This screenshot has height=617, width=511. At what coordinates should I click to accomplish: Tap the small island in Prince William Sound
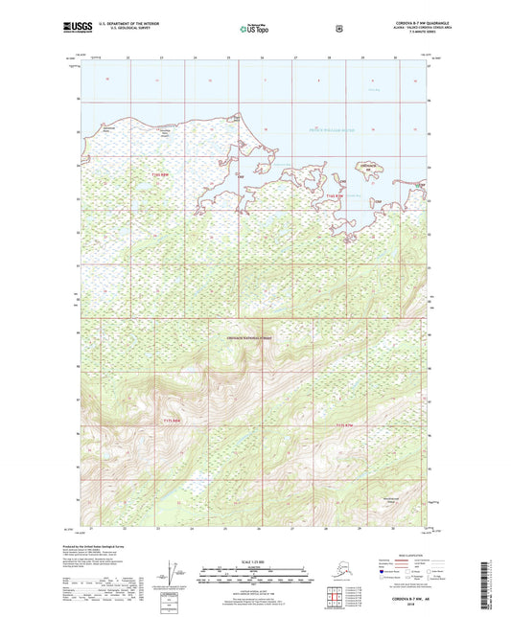pos(367,169)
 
